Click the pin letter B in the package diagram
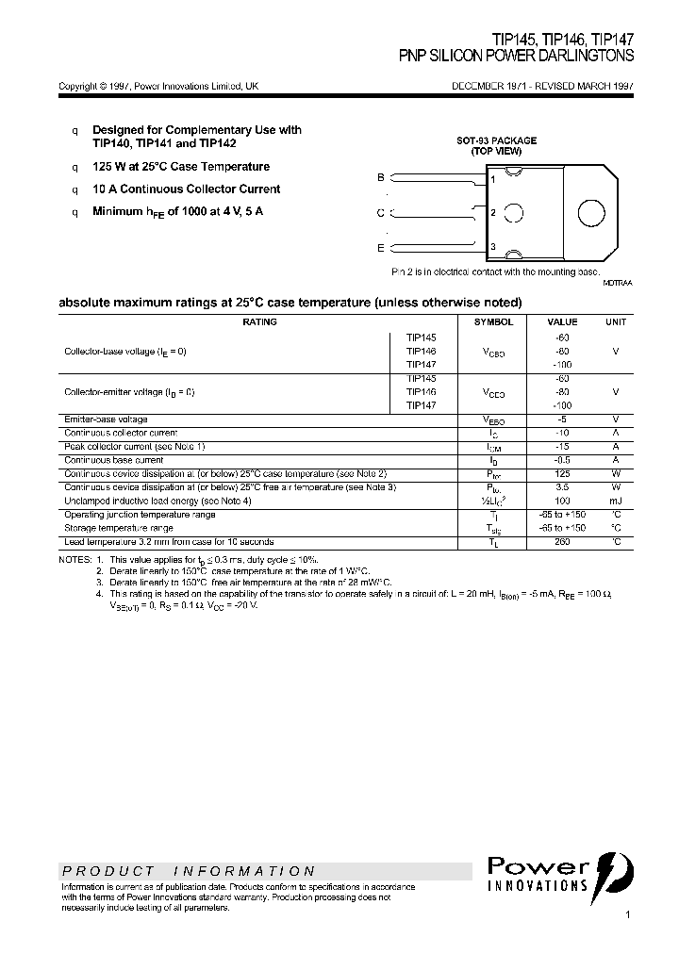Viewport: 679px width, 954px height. [x=381, y=177]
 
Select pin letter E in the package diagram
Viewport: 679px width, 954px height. [x=381, y=248]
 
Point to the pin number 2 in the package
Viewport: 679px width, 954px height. [x=493, y=212]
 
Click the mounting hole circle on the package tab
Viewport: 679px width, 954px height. [x=591, y=212]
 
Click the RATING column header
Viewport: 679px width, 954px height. [x=260, y=322]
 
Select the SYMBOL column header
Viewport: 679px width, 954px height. [x=493, y=322]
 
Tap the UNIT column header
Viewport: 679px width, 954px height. [x=615, y=322]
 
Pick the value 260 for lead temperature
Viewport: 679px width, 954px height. [x=563, y=542]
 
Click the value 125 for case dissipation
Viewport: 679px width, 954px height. [x=563, y=473]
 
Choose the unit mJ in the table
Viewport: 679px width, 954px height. [x=615, y=501]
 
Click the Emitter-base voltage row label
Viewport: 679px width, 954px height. [x=106, y=419]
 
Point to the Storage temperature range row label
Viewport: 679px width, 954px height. [x=118, y=528]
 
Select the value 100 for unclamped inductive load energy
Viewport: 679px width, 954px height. [x=563, y=501]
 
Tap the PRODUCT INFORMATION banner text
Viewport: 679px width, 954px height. [x=189, y=871]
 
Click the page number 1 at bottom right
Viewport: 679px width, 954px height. [x=627, y=915]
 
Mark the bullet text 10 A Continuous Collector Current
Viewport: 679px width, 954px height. [x=186, y=189]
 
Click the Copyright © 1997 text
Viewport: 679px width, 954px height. [x=94, y=86]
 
